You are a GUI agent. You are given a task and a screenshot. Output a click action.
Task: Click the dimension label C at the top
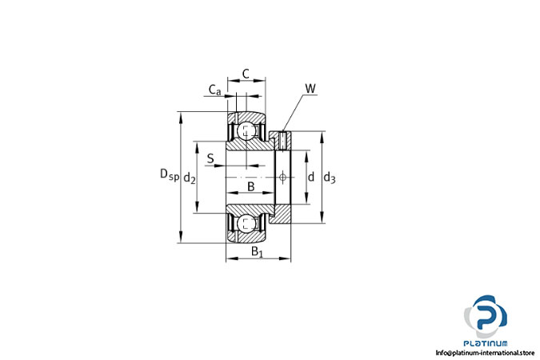246,74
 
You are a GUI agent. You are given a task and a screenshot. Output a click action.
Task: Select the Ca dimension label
215,90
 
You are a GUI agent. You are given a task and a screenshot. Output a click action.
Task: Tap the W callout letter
310,89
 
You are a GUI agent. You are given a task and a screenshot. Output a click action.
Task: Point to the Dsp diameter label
170,174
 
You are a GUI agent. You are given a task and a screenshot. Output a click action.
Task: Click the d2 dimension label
190,178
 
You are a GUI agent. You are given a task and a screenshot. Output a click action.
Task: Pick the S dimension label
210,158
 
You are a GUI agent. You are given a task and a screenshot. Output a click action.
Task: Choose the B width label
251,186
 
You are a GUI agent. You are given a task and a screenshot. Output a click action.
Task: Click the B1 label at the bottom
257,251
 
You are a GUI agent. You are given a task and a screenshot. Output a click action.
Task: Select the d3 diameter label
330,178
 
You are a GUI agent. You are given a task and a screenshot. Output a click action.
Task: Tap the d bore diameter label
311,177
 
